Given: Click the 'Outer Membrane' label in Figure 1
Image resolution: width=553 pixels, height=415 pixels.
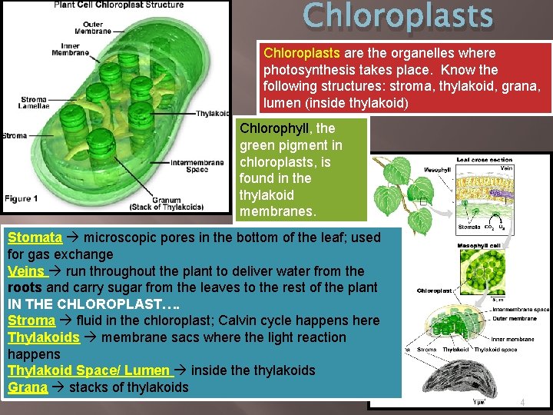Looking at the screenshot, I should [x=109, y=28].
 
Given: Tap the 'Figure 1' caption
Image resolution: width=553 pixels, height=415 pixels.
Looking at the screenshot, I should [x=22, y=199].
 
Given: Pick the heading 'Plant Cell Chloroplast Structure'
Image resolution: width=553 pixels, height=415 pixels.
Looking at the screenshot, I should [x=118, y=5].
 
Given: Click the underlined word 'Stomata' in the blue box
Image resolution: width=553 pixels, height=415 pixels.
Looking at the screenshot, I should [x=35, y=237].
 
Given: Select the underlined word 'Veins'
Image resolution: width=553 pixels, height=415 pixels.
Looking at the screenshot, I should [x=26, y=271].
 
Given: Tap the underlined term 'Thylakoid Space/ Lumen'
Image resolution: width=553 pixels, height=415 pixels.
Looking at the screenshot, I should [x=88, y=370].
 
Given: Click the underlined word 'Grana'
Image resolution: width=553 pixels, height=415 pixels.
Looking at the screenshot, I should [x=28, y=387].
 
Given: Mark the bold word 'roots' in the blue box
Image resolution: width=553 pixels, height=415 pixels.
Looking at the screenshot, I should [x=25, y=287].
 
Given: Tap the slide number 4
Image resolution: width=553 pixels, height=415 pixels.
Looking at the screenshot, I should [x=522, y=402].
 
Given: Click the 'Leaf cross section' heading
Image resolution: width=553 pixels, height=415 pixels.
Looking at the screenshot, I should [x=484, y=160].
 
